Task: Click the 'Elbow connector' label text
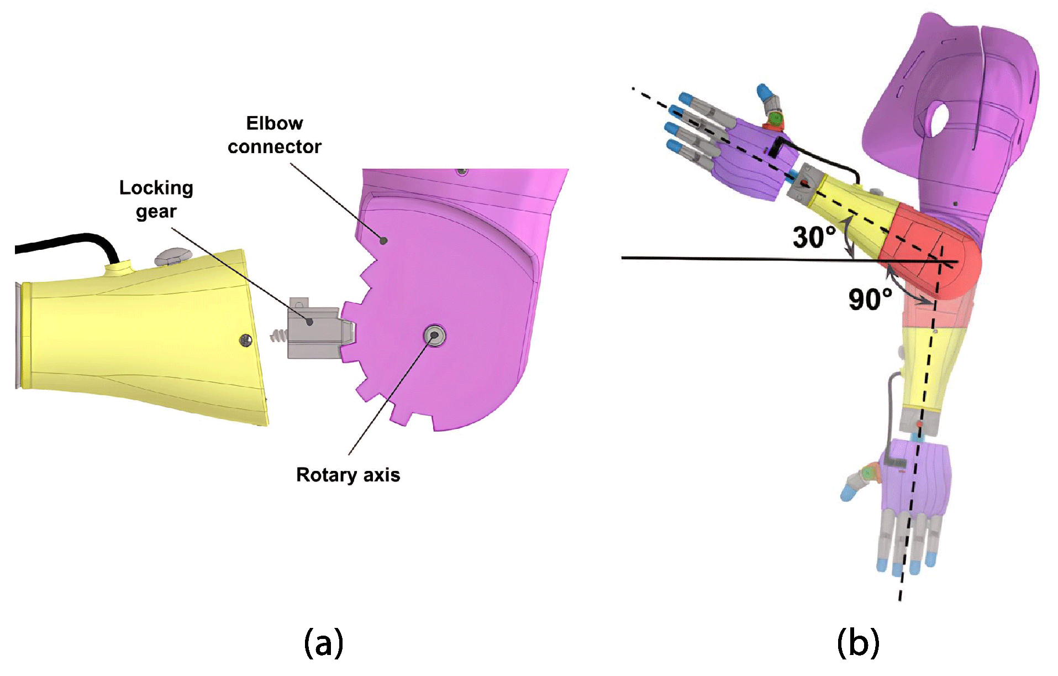[x=274, y=135]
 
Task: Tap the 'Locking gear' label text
[x=156, y=200]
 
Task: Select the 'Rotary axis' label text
[x=348, y=475]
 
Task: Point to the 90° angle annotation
[x=870, y=299]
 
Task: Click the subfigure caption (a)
[x=323, y=643]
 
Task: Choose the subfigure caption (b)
[x=857, y=643]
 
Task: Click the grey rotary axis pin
[x=434, y=336]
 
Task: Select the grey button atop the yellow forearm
[x=173, y=255]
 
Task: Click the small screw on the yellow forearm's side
[x=246, y=340]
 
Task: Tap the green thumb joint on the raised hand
[x=776, y=118]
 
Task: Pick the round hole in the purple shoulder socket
[x=938, y=119]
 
